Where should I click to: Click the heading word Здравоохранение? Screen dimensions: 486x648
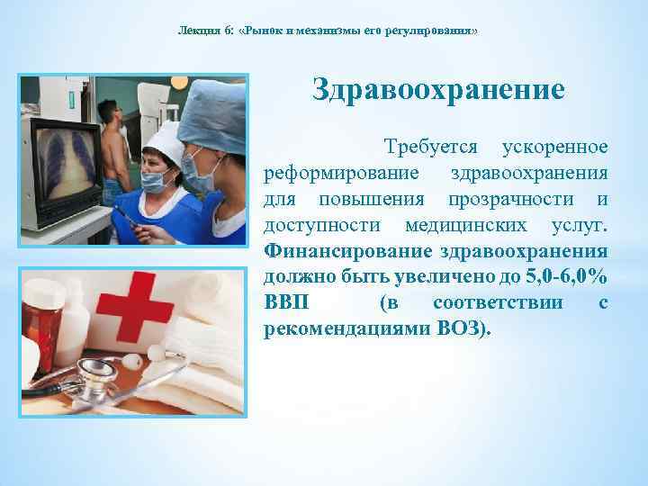pos(438,90)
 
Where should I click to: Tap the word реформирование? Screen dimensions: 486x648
pos(328,172)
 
